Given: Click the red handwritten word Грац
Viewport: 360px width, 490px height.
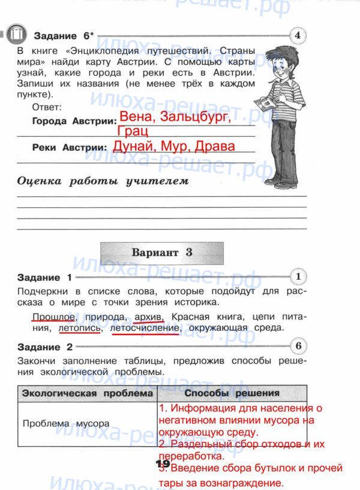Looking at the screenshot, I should coord(133,132).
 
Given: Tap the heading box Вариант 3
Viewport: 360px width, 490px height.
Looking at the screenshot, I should coord(162,253).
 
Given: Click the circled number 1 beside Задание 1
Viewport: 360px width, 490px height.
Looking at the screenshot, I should coord(298,276).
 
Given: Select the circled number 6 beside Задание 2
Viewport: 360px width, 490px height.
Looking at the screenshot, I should coord(298,346).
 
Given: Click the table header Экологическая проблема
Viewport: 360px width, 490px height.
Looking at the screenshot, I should coord(87,393).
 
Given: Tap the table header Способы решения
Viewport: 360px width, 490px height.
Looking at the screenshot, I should coord(232,393).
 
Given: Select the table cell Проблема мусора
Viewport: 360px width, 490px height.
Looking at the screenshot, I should coord(65,423).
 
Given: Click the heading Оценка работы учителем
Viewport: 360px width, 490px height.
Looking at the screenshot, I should coord(103,180).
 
